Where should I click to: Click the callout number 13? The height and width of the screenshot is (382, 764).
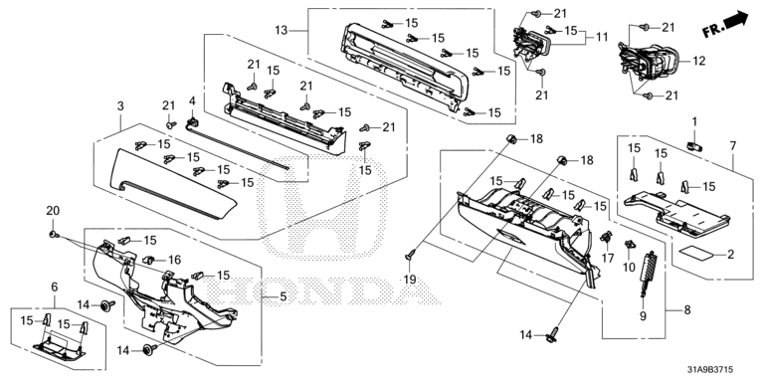click(x=282, y=31)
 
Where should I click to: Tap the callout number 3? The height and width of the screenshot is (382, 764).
click(x=120, y=105)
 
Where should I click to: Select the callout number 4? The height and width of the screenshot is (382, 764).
click(x=192, y=100)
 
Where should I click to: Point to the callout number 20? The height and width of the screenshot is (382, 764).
click(x=53, y=211)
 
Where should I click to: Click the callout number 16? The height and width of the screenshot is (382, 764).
click(x=174, y=260)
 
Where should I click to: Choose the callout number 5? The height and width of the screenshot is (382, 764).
click(x=283, y=296)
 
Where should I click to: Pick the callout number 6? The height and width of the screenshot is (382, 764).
click(x=55, y=286)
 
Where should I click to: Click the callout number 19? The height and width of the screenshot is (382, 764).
click(x=410, y=280)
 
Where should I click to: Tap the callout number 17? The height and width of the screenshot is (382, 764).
click(x=608, y=259)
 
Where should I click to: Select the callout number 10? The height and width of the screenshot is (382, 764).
click(x=629, y=266)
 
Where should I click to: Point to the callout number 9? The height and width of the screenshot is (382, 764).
click(x=643, y=316)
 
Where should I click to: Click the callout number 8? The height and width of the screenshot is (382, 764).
click(x=687, y=310)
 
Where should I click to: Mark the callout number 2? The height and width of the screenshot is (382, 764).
click(x=730, y=255)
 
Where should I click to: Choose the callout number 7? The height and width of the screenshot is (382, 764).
click(x=733, y=145)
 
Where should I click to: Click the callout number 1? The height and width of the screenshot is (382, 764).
click(x=694, y=120)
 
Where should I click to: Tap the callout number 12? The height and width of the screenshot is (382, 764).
click(x=698, y=61)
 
